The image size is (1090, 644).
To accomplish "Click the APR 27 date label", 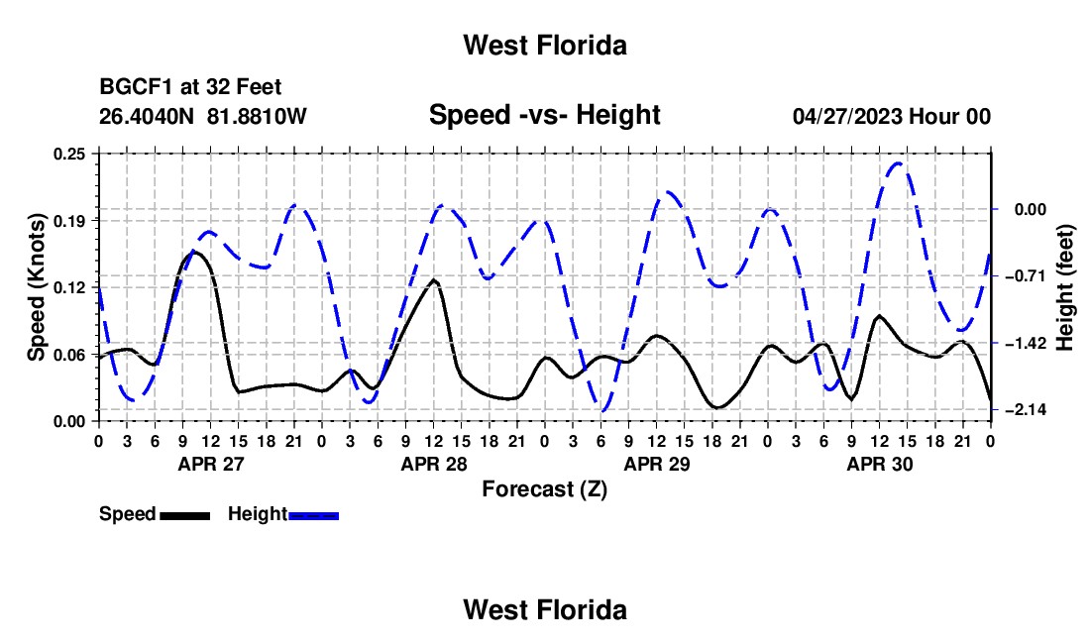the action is coord(211,464).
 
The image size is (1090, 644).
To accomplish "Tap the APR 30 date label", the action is coord(879,464).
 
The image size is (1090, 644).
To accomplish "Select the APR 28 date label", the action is coord(434,464).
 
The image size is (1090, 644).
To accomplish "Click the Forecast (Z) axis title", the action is coord(544,489).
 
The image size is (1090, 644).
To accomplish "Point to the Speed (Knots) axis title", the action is coord(36,287).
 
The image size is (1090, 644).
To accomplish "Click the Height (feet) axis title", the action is coord(1064,287).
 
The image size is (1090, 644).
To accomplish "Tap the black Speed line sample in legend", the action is coord(185,515).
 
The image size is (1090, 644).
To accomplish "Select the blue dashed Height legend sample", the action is coord(313,515).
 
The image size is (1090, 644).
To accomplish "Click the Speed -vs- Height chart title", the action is coord(544,115).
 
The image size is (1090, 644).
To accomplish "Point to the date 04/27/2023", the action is coord(847,116).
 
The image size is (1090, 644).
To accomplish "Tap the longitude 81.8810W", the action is coord(257,116).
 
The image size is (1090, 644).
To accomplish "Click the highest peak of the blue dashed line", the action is coord(899,163).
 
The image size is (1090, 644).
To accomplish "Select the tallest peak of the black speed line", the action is coord(192,252).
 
